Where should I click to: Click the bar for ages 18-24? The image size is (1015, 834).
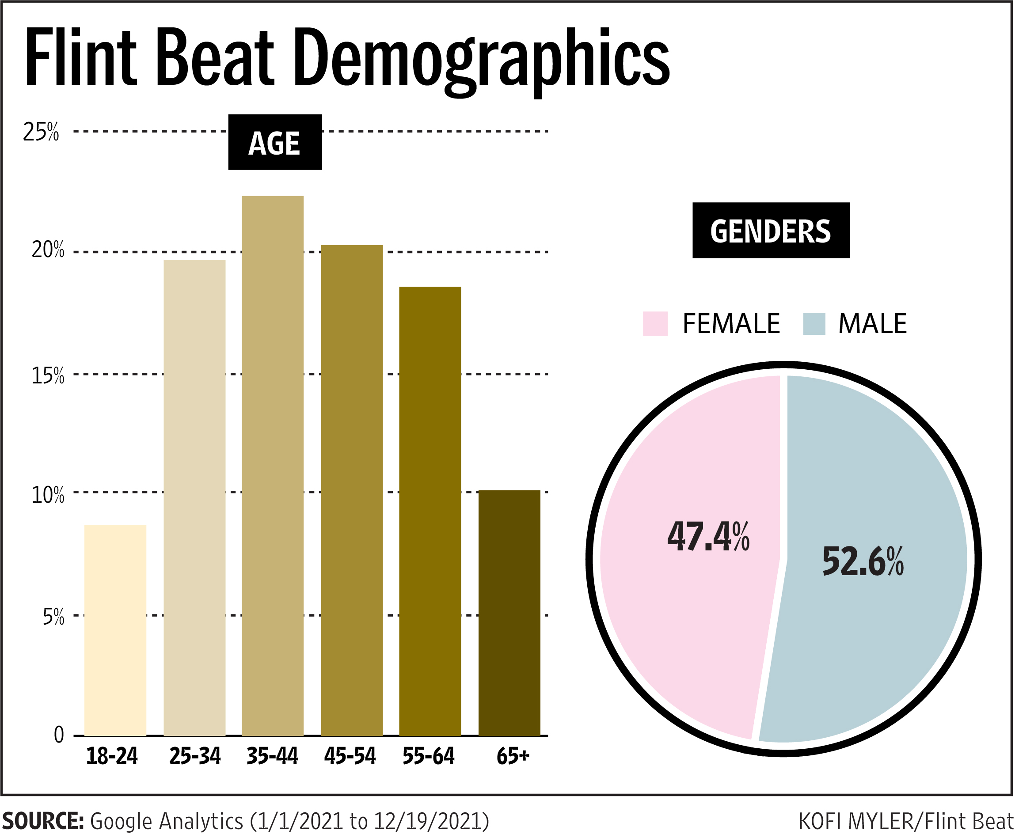pyautogui.click(x=115, y=630)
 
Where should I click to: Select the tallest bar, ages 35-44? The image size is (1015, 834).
pyautogui.click(x=273, y=466)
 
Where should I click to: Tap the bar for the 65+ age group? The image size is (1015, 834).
pyautogui.click(x=509, y=613)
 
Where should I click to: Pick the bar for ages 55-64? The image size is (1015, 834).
pyautogui.click(x=430, y=511)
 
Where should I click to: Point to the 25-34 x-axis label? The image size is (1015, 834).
pyautogui.click(x=194, y=756)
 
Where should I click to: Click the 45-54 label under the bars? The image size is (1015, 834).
pyautogui.click(x=350, y=756)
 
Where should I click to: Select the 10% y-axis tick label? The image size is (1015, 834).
pyautogui.click(x=48, y=495)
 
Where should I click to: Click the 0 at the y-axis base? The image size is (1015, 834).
pyautogui.click(x=59, y=735)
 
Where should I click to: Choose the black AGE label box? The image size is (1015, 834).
pyautogui.click(x=275, y=142)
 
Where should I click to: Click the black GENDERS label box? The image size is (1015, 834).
pyautogui.click(x=771, y=231)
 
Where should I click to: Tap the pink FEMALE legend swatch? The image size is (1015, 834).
pyautogui.click(x=655, y=324)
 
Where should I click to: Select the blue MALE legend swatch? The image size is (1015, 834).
pyautogui.click(x=814, y=324)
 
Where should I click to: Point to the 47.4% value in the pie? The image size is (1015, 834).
pyautogui.click(x=708, y=537)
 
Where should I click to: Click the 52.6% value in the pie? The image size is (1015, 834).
pyautogui.click(x=863, y=561)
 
